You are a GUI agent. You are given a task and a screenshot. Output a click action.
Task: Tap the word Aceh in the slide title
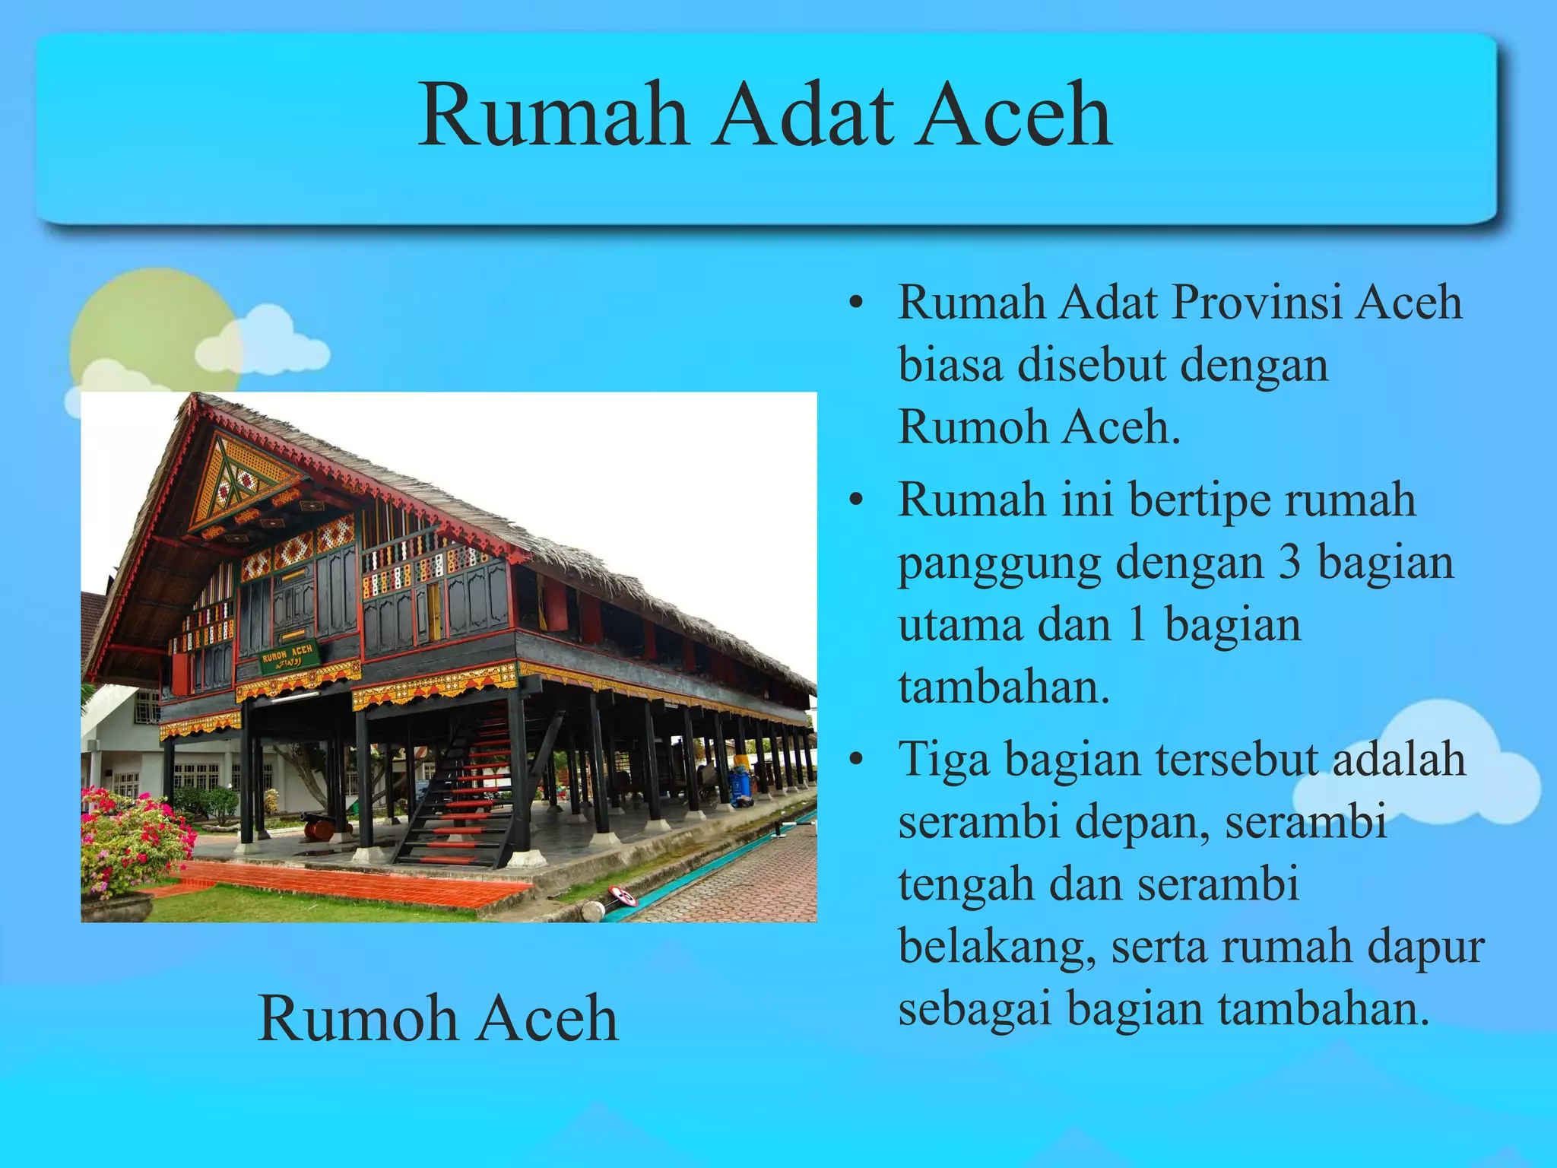[x=1013, y=116]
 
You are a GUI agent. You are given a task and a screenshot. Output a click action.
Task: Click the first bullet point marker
[x=857, y=303]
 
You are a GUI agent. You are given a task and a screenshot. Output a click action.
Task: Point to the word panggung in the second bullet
[x=999, y=564]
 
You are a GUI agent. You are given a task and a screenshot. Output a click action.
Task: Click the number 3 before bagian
[x=1289, y=563]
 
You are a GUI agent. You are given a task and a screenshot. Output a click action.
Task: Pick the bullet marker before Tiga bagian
[x=857, y=760]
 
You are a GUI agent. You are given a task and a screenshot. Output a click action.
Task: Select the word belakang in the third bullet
[x=996, y=947]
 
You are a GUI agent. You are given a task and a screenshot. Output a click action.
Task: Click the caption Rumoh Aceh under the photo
[x=438, y=1018]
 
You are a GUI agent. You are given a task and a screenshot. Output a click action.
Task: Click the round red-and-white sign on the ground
[x=623, y=896]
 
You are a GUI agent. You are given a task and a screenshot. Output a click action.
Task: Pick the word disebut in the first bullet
[x=1091, y=365]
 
